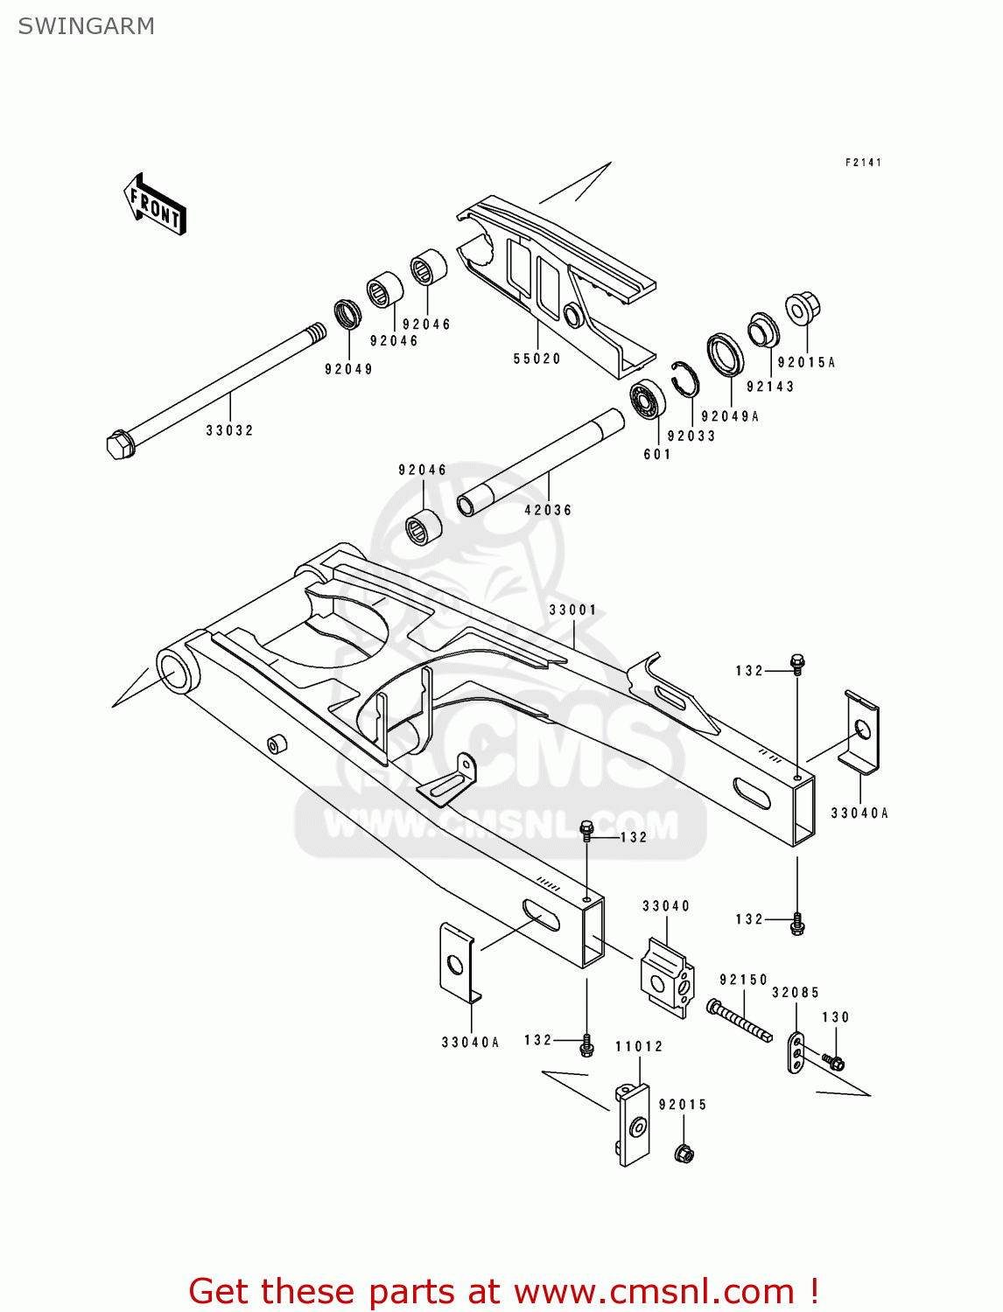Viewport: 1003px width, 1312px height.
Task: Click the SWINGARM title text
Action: pos(86,26)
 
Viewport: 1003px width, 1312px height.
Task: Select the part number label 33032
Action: pos(229,430)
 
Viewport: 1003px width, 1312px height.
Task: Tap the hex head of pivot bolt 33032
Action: pos(119,444)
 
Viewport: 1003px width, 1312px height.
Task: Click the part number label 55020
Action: pos(537,359)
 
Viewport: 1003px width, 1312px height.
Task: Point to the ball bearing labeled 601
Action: pos(648,400)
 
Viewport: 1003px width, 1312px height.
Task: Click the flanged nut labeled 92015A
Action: pos(802,309)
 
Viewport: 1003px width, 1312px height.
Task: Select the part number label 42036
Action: pos(548,510)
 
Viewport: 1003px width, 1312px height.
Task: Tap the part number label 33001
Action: pos(572,610)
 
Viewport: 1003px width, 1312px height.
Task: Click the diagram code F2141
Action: pos(863,163)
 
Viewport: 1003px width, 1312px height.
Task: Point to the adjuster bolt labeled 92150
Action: pos(740,1021)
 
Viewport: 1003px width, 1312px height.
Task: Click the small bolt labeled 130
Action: pos(834,1064)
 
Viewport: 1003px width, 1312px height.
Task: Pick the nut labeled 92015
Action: pos(684,1154)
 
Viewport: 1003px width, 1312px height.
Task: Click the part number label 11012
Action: pos(639,1046)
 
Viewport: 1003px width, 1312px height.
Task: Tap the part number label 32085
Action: pos(795,993)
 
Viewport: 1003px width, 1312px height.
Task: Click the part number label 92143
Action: pos(770,387)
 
